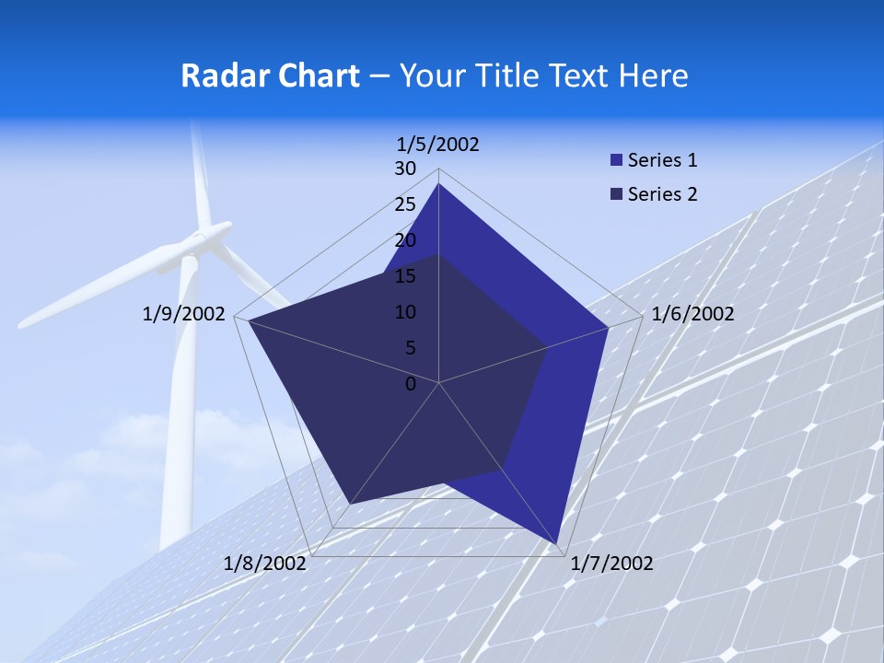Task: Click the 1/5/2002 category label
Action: pyautogui.click(x=438, y=144)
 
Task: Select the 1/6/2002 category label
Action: pyautogui.click(x=692, y=314)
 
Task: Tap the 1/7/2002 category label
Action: pyautogui.click(x=611, y=564)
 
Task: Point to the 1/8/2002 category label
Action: pyautogui.click(x=265, y=564)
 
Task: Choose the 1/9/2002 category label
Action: pyautogui.click(x=184, y=314)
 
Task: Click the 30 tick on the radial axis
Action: pyautogui.click(x=405, y=169)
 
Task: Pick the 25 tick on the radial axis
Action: pyautogui.click(x=405, y=204)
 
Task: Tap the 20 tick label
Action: pyautogui.click(x=405, y=240)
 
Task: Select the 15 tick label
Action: pyautogui.click(x=405, y=276)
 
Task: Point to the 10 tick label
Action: pyautogui.click(x=405, y=312)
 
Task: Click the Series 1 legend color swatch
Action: pyautogui.click(x=616, y=160)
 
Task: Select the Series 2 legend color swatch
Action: pyautogui.click(x=616, y=194)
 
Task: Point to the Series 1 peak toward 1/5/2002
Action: pyautogui.click(x=438, y=184)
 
